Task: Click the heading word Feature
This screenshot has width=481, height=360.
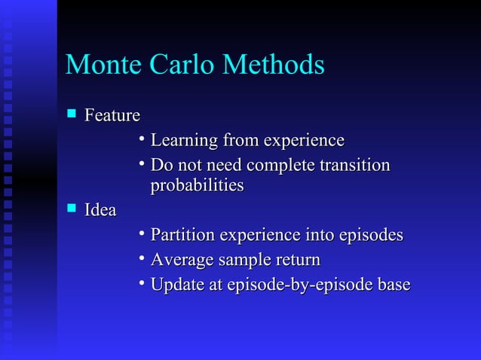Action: [112, 116]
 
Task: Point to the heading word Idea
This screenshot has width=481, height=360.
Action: [100, 211]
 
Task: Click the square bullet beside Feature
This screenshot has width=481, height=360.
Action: [72, 115]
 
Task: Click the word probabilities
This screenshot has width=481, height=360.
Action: [198, 186]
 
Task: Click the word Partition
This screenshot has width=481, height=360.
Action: [182, 236]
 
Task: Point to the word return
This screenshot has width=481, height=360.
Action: [298, 261]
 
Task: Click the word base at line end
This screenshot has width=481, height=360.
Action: [394, 285]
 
